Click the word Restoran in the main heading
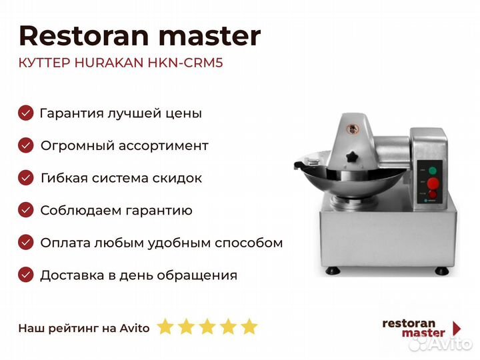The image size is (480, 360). tap(84, 36)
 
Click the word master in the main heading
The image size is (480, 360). tap(209, 37)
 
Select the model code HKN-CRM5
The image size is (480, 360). tap(185, 63)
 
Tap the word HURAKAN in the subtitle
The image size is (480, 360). tap(109, 63)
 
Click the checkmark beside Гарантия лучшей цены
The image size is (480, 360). tap(26, 113)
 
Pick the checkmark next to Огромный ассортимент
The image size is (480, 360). tap(26, 145)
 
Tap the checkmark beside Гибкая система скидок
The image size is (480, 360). tap(26, 177)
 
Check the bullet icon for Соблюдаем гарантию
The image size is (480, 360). tap(26, 210)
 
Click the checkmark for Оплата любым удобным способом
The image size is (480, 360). tap(26, 243)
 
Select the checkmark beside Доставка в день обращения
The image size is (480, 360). tap(26, 275)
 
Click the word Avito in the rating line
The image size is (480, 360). tap(135, 328)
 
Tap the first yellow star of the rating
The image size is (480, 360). tap(165, 326)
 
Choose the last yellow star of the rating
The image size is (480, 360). tap(249, 326)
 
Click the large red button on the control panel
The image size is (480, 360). tap(433, 183)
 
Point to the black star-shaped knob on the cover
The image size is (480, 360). tap(353, 157)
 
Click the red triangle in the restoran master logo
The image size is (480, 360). tap(457, 328)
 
